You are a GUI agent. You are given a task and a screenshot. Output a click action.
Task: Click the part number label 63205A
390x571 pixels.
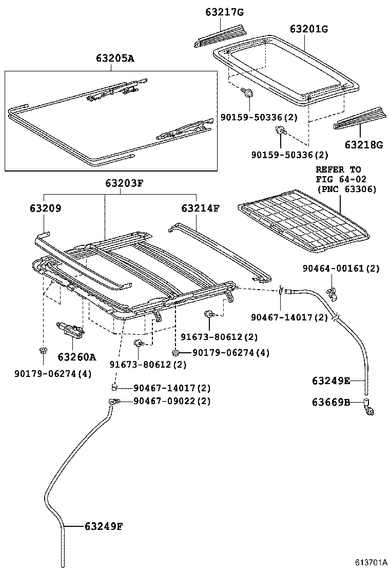tap(114, 58)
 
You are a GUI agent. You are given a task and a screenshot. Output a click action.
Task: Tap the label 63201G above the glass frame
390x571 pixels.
tap(308, 29)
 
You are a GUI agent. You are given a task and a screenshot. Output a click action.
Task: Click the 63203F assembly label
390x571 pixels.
tap(125, 183)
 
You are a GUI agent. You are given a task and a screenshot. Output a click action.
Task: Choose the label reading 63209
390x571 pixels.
tap(46, 208)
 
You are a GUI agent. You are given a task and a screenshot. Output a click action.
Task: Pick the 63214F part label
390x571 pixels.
tap(200, 208)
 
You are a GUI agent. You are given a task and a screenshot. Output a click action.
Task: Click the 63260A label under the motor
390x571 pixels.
tap(77, 356)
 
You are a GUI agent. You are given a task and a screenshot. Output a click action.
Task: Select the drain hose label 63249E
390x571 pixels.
tap(331, 380)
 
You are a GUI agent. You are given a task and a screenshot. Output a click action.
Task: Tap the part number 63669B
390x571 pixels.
tap(331, 402)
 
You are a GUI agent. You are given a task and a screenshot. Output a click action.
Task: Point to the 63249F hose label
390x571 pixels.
tap(103, 526)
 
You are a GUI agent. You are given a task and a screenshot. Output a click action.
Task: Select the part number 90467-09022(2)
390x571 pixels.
tap(172, 401)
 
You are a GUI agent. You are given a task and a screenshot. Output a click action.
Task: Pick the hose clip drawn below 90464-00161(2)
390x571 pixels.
tap(332, 293)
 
